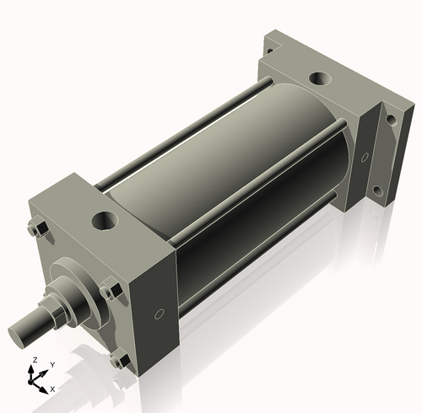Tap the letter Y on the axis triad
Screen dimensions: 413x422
[51, 364]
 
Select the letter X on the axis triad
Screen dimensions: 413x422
[52, 389]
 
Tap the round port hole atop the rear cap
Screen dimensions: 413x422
[320, 80]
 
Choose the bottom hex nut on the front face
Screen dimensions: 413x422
[118, 361]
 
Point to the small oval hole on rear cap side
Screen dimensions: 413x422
[365, 158]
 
